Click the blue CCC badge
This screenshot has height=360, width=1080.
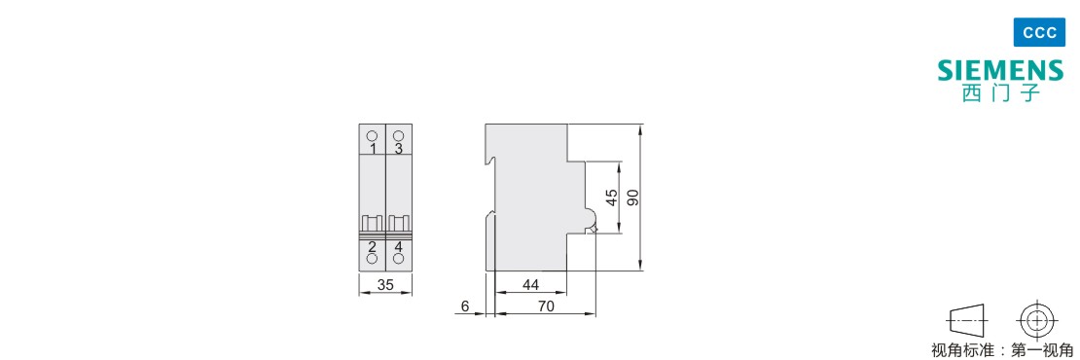[1039, 33]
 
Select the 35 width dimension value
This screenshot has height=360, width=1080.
[385, 285]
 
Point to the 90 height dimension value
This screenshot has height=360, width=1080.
[633, 198]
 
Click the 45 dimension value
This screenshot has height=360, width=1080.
[611, 198]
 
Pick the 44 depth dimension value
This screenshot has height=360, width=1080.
[531, 285]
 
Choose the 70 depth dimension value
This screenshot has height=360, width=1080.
[546, 307]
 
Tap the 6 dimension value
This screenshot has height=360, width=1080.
[465, 307]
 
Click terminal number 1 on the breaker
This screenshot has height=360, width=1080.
[373, 149]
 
